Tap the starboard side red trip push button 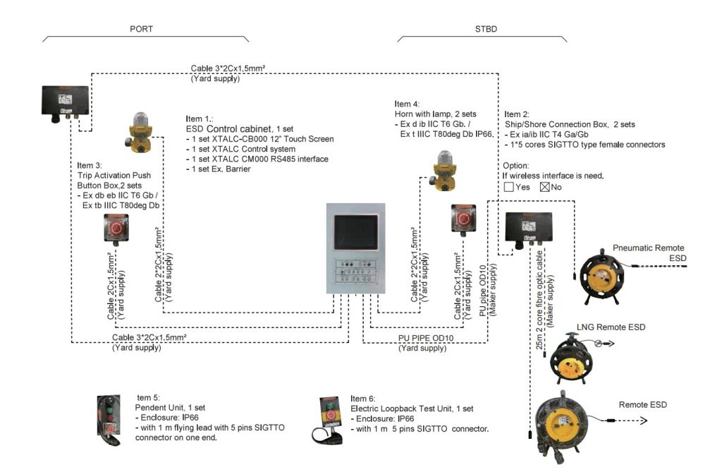(463, 219)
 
